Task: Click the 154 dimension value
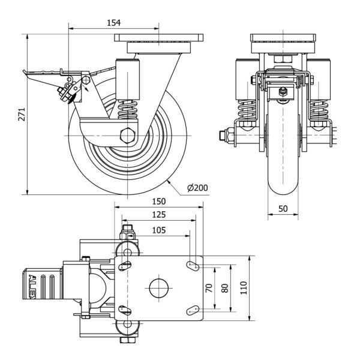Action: [114, 23]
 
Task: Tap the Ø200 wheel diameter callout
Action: [197, 188]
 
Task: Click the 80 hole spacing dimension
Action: [224, 287]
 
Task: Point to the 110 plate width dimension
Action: [242, 288]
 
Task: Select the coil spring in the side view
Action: [128, 110]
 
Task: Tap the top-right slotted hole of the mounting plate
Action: [193, 265]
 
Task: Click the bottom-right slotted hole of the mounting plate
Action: [193, 310]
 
